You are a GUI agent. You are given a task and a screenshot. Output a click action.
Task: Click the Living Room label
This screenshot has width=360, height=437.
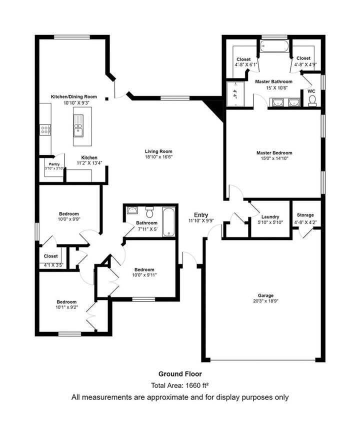pyautogui.click(x=158, y=151)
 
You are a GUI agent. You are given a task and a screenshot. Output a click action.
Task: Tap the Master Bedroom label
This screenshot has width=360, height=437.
pyautogui.click(x=274, y=153)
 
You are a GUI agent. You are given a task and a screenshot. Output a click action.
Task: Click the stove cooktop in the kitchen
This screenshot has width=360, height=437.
pyautogui.click(x=44, y=129)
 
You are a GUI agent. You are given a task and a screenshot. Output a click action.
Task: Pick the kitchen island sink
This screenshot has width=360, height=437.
pyautogui.click(x=78, y=125)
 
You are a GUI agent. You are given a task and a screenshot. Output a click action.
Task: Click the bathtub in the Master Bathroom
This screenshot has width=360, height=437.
pyautogui.click(x=274, y=47)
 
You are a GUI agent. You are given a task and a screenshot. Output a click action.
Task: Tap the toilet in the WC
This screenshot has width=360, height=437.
pyautogui.click(x=312, y=100)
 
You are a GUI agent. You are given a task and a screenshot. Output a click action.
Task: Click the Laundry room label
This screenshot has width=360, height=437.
pyautogui.click(x=269, y=216)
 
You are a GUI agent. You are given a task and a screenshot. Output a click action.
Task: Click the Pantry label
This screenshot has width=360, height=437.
pyautogui.click(x=54, y=164)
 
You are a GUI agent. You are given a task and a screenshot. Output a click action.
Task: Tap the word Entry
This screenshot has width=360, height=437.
pyautogui.click(x=201, y=214)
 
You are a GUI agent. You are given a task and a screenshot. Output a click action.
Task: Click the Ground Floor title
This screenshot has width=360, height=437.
pyautogui.click(x=180, y=373)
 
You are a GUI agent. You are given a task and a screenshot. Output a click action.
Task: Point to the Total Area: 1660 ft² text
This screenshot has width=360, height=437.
pyautogui.click(x=180, y=385)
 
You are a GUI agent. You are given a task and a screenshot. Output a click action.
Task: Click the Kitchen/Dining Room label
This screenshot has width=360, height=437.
pyautogui.click(x=74, y=96)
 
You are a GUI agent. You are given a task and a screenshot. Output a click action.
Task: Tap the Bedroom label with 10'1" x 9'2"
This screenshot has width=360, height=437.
pyautogui.click(x=66, y=302)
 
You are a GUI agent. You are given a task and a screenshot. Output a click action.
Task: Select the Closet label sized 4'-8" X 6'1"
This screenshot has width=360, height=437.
pyautogui.click(x=244, y=59)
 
